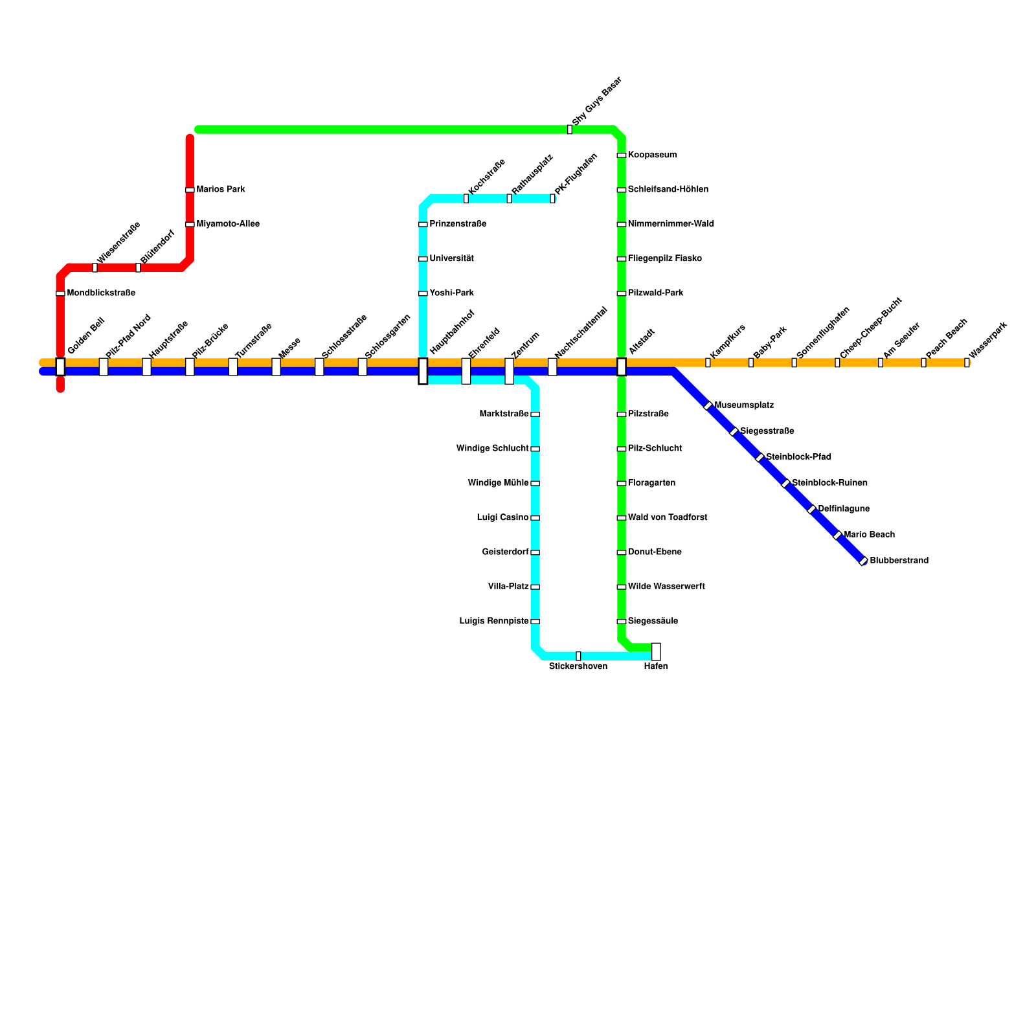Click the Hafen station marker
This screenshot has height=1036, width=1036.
(x=656, y=651)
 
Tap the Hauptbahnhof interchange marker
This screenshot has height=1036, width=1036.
(x=423, y=371)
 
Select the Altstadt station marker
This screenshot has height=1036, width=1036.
(x=622, y=366)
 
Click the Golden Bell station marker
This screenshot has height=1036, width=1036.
(x=60, y=366)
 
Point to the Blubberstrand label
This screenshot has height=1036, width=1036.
(x=899, y=561)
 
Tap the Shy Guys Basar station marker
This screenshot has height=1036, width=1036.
(x=570, y=129)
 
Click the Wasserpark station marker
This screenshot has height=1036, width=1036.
(x=967, y=363)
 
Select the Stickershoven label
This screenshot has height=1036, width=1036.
(x=578, y=666)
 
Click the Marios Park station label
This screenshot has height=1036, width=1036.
(x=221, y=190)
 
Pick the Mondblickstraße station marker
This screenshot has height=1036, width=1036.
(x=60, y=293)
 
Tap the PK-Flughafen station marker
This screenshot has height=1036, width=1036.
(x=552, y=198)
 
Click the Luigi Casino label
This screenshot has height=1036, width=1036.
(x=502, y=518)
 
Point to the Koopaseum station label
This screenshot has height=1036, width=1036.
(x=652, y=155)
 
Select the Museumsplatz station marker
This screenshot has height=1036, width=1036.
(x=708, y=405)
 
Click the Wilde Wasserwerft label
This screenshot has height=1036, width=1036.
(x=666, y=587)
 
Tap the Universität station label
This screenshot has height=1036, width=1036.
(x=451, y=259)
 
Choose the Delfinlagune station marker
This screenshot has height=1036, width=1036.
(x=811, y=509)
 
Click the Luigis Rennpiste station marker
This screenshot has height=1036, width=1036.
(x=535, y=622)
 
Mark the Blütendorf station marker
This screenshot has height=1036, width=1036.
(x=138, y=267)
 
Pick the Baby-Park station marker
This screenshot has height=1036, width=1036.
(x=751, y=363)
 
